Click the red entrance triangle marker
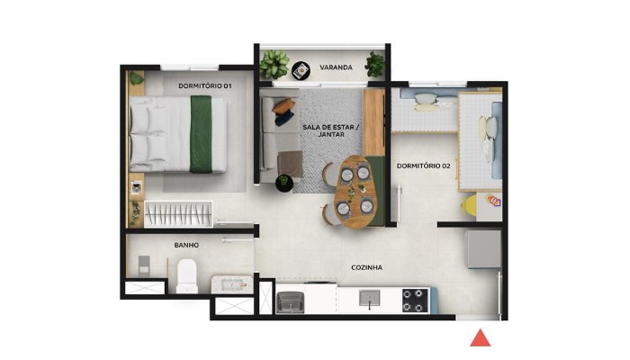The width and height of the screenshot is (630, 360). coord(481,337)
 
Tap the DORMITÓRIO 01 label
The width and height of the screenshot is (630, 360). coord(205,85)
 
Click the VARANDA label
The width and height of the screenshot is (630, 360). coord(334,67)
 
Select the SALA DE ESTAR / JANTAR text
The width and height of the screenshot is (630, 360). coord(331,129)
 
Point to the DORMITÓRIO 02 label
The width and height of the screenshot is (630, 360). coord(423,166)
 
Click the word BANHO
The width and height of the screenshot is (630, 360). coord(186,245)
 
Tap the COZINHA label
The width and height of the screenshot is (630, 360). coord(367,267)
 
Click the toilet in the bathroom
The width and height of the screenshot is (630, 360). coord(187,274)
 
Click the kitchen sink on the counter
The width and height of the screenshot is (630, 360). coord(369,298)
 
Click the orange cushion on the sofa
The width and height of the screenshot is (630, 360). coord(284,105)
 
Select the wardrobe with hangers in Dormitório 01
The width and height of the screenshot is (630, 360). coord(179,214)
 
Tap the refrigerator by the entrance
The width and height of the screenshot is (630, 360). coord(482,248)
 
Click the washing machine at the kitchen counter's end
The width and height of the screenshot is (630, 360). coord(292,302)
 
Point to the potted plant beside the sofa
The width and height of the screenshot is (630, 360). coord(284,183)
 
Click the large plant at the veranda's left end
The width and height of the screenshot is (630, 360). coord(274,63)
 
